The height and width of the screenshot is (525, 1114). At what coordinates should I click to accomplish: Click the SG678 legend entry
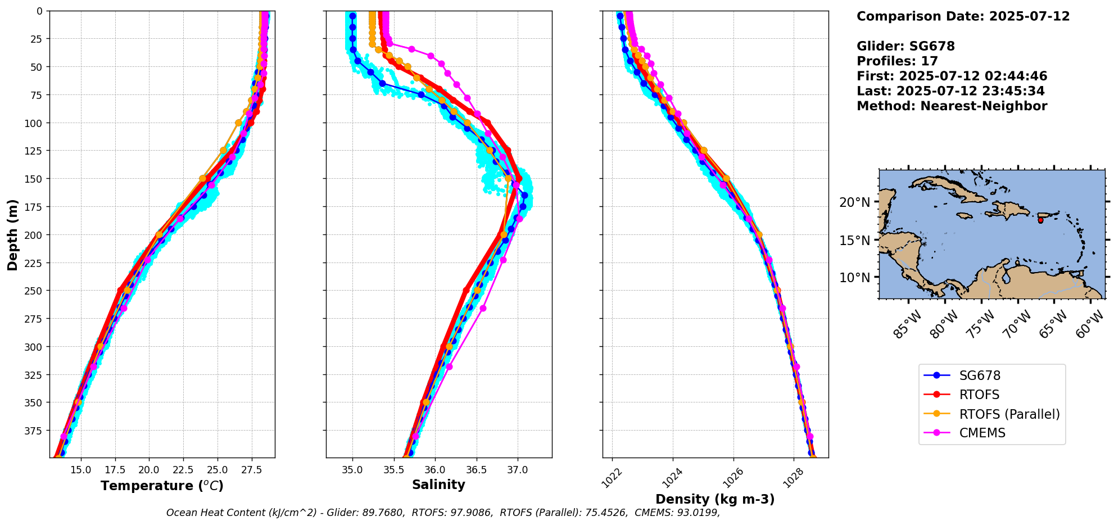pos(979,376)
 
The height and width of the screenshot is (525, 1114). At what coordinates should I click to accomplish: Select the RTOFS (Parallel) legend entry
pos(1009,414)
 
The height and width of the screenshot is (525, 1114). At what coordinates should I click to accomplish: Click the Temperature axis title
pos(162,486)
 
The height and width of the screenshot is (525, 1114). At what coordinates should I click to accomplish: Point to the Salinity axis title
pos(438,485)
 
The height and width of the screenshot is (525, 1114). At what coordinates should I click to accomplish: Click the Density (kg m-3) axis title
pos(715,499)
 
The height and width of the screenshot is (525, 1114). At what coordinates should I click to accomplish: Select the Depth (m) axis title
pos(12,234)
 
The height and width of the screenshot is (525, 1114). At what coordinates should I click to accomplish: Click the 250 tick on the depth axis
pos(34,291)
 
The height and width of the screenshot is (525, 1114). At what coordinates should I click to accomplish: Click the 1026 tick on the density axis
pos(731,477)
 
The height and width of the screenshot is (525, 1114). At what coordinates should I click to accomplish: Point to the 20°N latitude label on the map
pos(854,202)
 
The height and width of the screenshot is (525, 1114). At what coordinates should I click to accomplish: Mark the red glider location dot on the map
pos(1040,220)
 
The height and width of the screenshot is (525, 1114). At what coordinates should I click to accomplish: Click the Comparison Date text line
pos(963,16)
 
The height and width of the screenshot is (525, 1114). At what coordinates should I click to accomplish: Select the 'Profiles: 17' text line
pos(897,61)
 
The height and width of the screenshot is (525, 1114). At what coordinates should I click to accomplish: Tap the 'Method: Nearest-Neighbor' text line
pos(952,106)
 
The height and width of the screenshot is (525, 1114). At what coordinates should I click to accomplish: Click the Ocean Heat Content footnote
pos(443,513)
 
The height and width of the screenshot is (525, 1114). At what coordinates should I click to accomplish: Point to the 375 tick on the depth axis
pos(34,431)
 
